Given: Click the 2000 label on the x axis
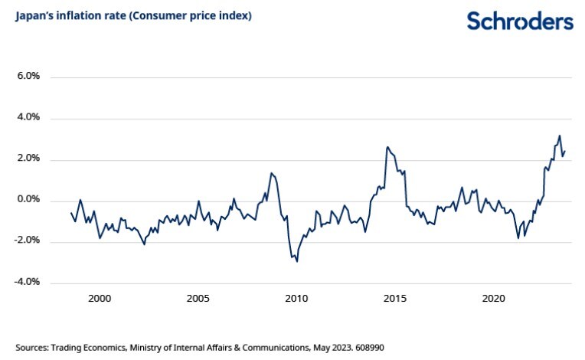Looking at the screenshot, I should [100, 298].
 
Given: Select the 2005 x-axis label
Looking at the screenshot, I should [198, 298].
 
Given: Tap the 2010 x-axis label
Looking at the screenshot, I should [296, 298].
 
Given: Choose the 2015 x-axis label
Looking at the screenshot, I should [395, 298].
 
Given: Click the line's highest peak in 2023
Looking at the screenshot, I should [560, 136].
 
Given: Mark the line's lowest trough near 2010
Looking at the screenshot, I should [297, 261].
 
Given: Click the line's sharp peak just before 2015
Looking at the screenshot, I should [387, 147].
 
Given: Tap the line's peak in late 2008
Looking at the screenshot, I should [271, 173].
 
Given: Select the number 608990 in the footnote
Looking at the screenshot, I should [367, 347].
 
